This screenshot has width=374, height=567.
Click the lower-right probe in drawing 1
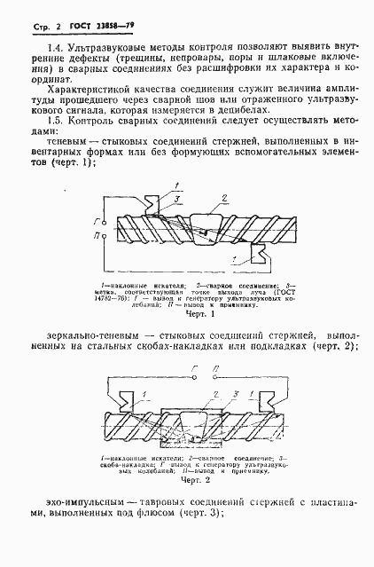coord(261,258)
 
